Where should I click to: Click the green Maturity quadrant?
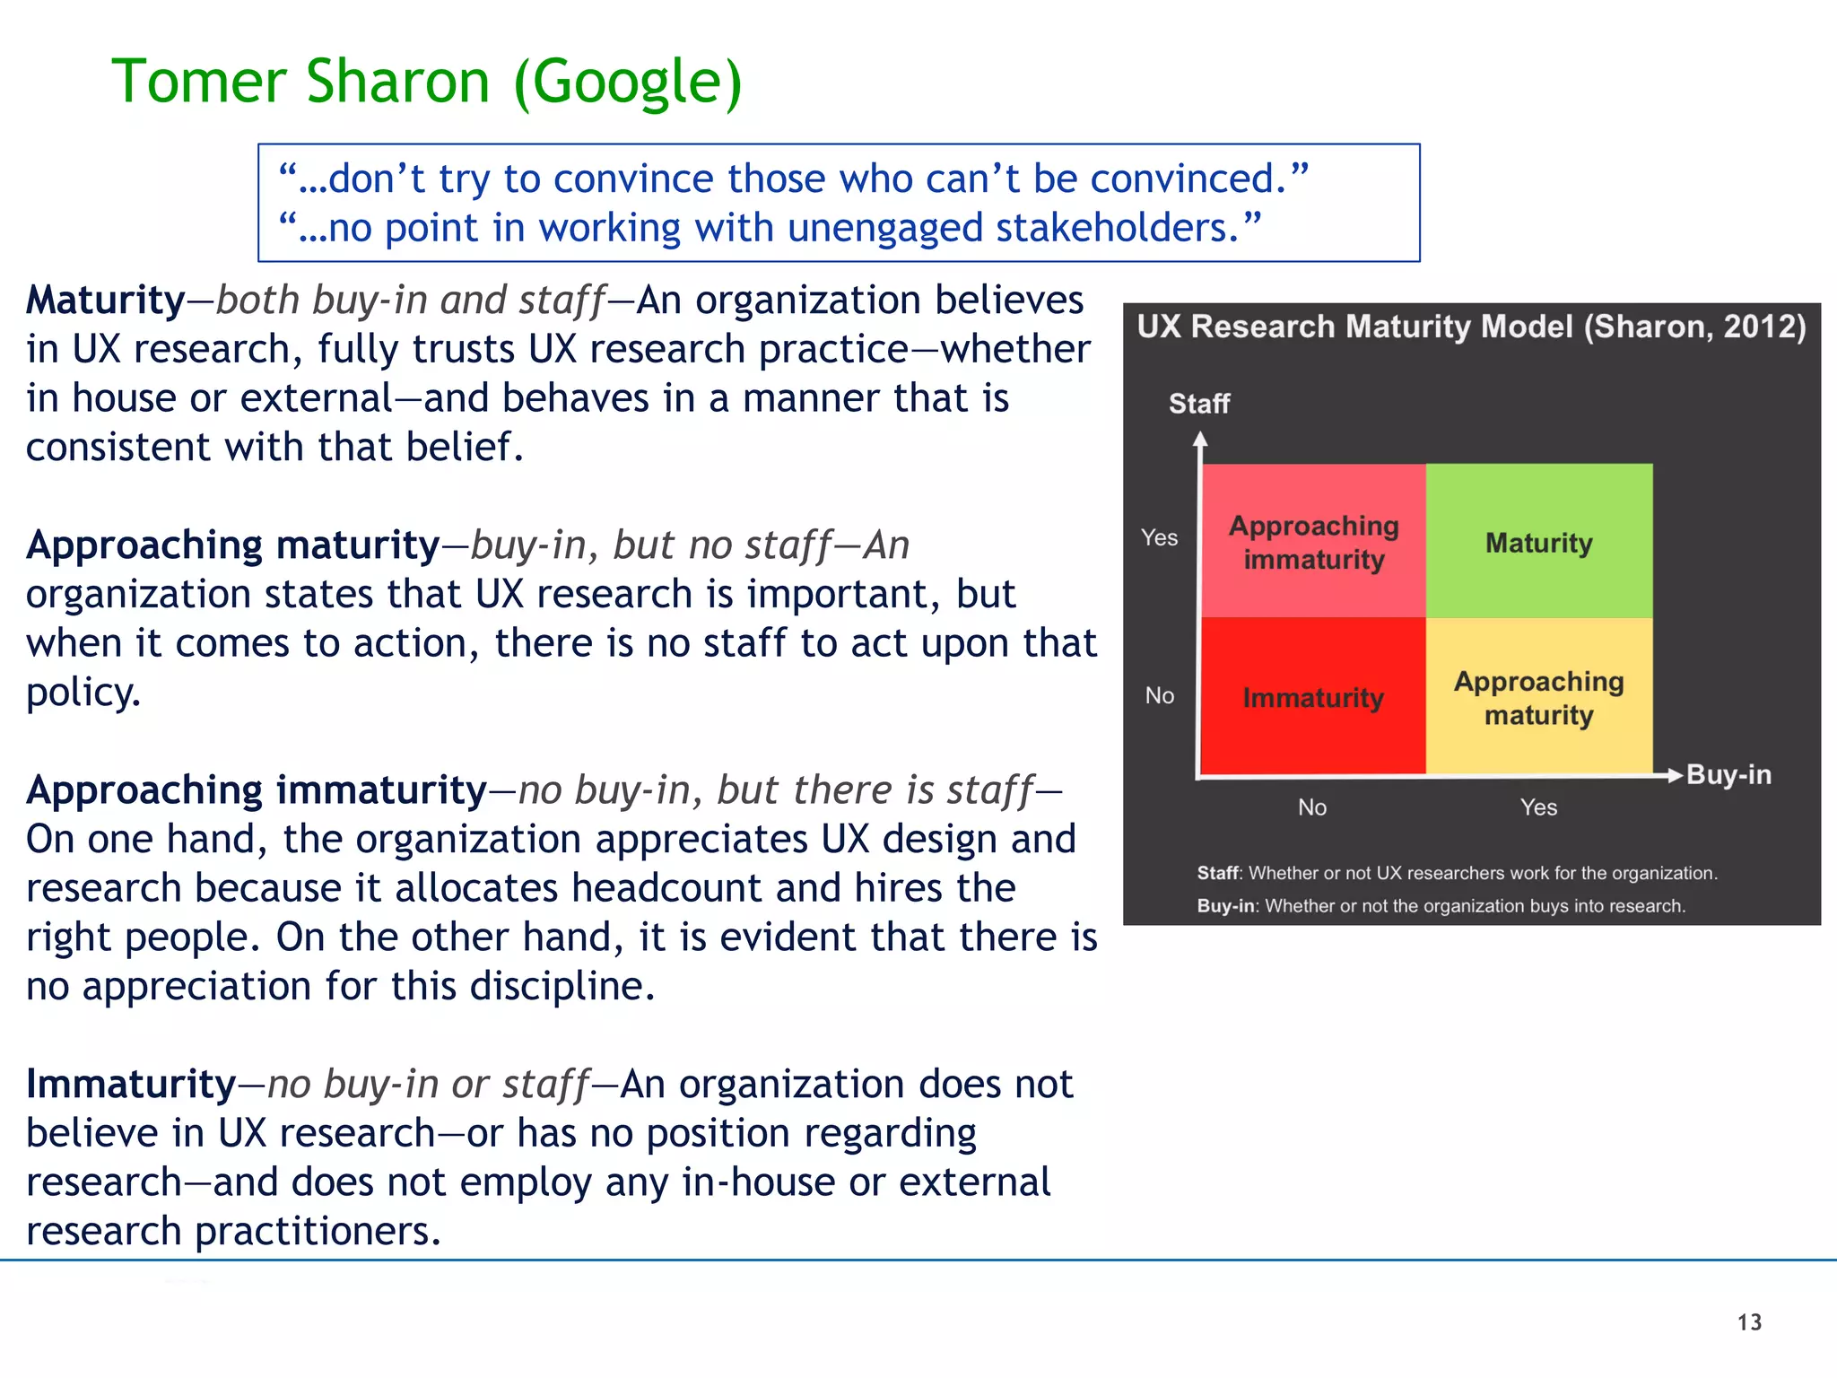pyautogui.click(x=1538, y=542)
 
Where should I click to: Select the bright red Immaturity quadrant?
pyautogui.click(x=1312, y=697)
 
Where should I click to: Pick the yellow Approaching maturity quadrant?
pyautogui.click(x=1538, y=697)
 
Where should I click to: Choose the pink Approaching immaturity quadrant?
pyautogui.click(x=1312, y=542)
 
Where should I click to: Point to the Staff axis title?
pyautogui.click(x=1198, y=404)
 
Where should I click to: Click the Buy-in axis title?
pyautogui.click(x=1728, y=774)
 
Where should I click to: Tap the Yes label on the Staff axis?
pyautogui.click(x=1159, y=537)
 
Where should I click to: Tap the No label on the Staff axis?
pyautogui.click(x=1159, y=695)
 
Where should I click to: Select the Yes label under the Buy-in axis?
pyautogui.click(x=1538, y=807)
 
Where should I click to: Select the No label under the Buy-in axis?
pyautogui.click(x=1311, y=807)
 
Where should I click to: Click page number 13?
pyautogui.click(x=1749, y=1322)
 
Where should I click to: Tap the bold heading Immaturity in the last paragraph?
pyautogui.click(x=131, y=1084)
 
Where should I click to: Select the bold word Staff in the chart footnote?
pyautogui.click(x=1217, y=873)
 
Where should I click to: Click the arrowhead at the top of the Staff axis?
pyautogui.click(x=1200, y=439)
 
